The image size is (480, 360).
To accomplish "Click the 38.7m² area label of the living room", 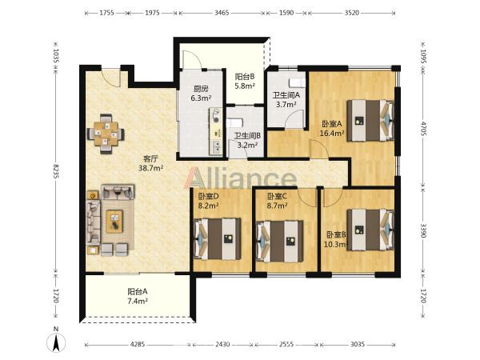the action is pyautogui.click(x=151, y=168).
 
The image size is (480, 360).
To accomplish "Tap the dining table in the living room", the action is pyautogui.click(x=106, y=134).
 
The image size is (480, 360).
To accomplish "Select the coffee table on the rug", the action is pyautogui.click(x=114, y=222).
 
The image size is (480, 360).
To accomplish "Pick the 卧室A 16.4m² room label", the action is pyautogui.click(x=332, y=129).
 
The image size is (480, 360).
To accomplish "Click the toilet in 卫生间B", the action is pyautogui.click(x=234, y=122).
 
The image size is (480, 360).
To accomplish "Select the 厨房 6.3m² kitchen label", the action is pyautogui.click(x=201, y=94).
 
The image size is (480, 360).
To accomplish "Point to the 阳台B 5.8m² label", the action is pyautogui.click(x=245, y=81).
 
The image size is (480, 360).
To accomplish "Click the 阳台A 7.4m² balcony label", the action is pyautogui.click(x=138, y=296).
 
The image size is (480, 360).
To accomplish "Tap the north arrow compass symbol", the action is pyautogui.click(x=56, y=340).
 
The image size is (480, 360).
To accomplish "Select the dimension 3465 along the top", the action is pyautogui.click(x=222, y=13).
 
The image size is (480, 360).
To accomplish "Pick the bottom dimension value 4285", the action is pyautogui.click(x=138, y=344).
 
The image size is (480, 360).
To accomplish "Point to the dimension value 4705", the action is pyautogui.click(x=423, y=129).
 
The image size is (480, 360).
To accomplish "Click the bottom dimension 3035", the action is pyautogui.click(x=358, y=344).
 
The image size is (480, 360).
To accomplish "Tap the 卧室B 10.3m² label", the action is pyautogui.click(x=336, y=240).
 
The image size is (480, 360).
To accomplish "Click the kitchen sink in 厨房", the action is pyautogui.click(x=217, y=146).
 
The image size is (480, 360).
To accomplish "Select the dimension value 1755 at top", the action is pyautogui.click(x=106, y=13).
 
